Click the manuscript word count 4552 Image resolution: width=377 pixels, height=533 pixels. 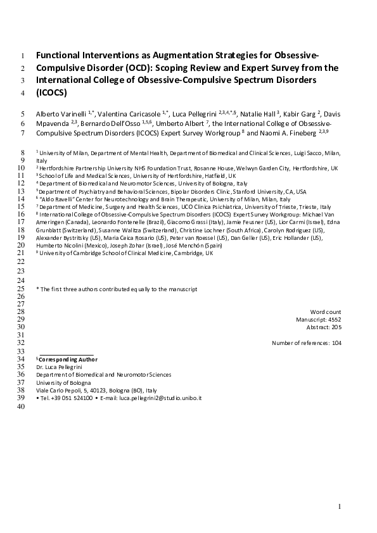coord(333,320)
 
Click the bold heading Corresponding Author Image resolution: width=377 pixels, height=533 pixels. coord(65,359)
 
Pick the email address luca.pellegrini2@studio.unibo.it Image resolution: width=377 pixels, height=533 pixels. coord(159,399)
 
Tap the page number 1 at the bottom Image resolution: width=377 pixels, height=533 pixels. coord(340,506)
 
